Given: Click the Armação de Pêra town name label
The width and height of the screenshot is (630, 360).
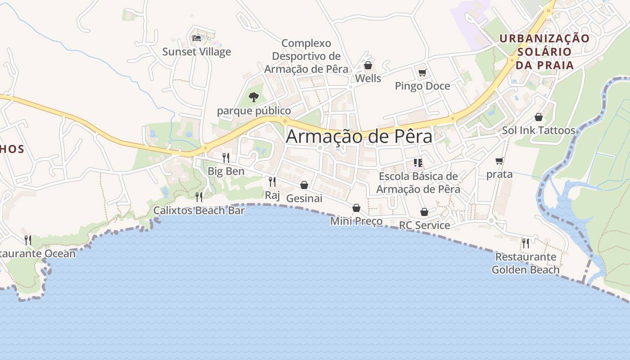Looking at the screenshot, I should pos(359,136).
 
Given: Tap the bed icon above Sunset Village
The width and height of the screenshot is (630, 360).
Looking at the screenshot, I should pos(197,38).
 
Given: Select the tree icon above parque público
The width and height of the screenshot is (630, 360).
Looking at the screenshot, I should pos(254,97).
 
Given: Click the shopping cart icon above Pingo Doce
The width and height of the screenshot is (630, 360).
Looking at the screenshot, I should pos(422,72).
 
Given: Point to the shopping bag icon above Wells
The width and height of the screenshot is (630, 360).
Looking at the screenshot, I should pos(368,66).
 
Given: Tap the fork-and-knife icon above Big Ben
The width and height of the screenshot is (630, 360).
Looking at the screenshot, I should pos(226,158).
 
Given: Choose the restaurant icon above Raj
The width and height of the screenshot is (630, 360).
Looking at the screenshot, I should pos(272,182).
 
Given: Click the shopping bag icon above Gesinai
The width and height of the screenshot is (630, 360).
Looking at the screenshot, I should pos(304,185).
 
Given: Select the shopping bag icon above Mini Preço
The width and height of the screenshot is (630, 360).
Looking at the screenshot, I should pos(356,208).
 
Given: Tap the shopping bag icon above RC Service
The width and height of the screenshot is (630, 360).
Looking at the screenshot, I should pos(424,212).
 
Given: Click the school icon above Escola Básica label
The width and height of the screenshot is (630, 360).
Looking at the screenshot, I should pos(418,163).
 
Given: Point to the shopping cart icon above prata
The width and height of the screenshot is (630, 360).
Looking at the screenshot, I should pos(499,161).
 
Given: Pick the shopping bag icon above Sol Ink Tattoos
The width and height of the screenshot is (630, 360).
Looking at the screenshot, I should pos(539,117).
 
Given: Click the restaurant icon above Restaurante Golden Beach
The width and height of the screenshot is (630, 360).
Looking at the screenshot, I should pos(525,243).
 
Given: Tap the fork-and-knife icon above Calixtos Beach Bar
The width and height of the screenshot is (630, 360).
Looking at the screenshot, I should pos(199,197).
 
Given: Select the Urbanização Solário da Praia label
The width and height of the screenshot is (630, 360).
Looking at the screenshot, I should pos(544,52).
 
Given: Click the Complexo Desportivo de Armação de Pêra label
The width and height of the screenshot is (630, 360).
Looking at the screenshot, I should pos(306,56).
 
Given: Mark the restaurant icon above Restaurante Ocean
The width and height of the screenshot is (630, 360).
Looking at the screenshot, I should pos(28,240).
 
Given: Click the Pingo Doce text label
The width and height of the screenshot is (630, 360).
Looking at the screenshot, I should pos(422,86).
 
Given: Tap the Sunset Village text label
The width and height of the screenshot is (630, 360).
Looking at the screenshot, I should pos(197,52).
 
